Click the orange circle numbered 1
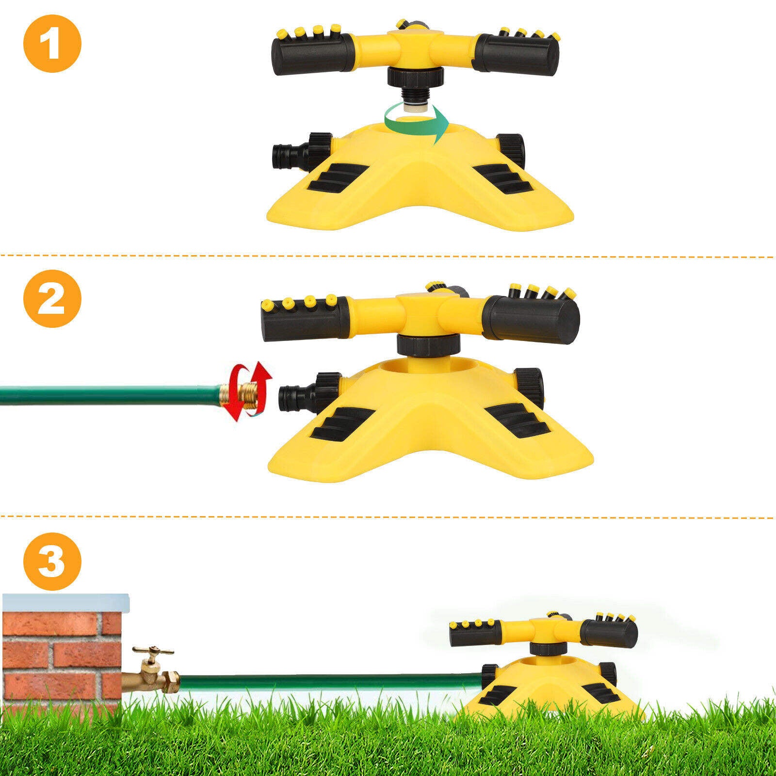coord(52,43)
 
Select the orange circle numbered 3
coord(52,562)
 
